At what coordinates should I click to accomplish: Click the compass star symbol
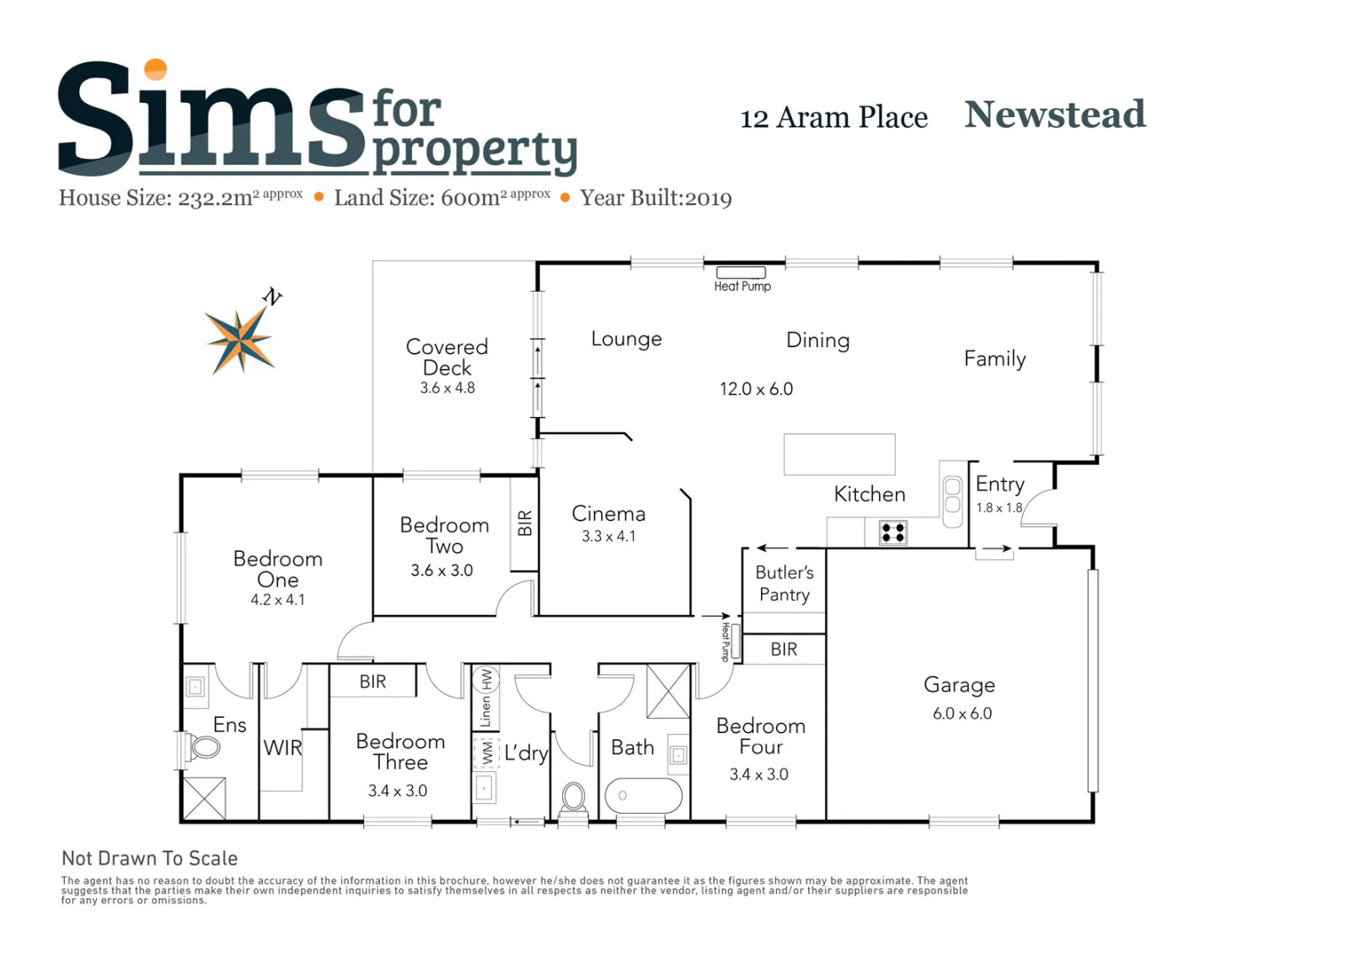click(240, 340)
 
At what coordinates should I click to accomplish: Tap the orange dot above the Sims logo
click(155, 69)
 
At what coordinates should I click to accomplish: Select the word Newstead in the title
click(1054, 115)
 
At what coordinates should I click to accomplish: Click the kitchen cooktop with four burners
click(892, 533)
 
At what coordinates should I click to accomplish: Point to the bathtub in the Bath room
click(643, 795)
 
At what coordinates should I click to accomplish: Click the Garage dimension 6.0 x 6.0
click(961, 713)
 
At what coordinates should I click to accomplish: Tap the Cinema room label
click(608, 514)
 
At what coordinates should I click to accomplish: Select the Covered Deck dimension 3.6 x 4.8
click(447, 388)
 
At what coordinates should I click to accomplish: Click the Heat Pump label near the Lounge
click(742, 286)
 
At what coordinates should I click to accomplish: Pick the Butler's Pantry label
click(785, 583)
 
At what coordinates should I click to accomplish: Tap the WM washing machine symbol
click(486, 753)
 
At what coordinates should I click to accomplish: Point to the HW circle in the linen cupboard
click(486, 678)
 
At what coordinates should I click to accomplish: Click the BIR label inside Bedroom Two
click(524, 522)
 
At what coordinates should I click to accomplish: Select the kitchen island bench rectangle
click(839, 454)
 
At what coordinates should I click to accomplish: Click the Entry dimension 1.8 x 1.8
click(999, 507)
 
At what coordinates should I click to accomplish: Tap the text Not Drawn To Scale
click(149, 859)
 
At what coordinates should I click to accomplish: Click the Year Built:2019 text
click(656, 198)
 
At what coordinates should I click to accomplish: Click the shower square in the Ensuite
click(205, 798)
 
